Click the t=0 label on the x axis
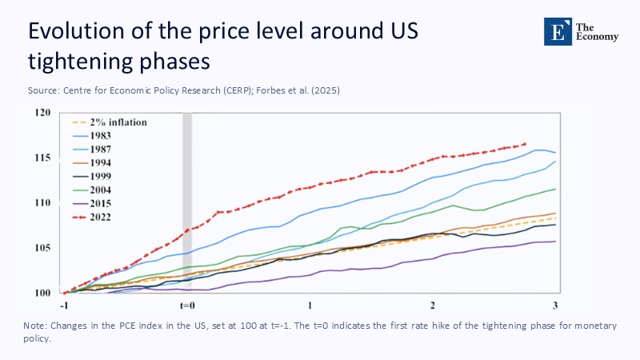(188, 306)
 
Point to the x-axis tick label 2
(432, 306)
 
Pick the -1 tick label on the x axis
(63, 306)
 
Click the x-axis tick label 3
(554, 306)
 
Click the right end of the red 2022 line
(526, 144)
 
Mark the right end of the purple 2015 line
(555, 241)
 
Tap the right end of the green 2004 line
(555, 189)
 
